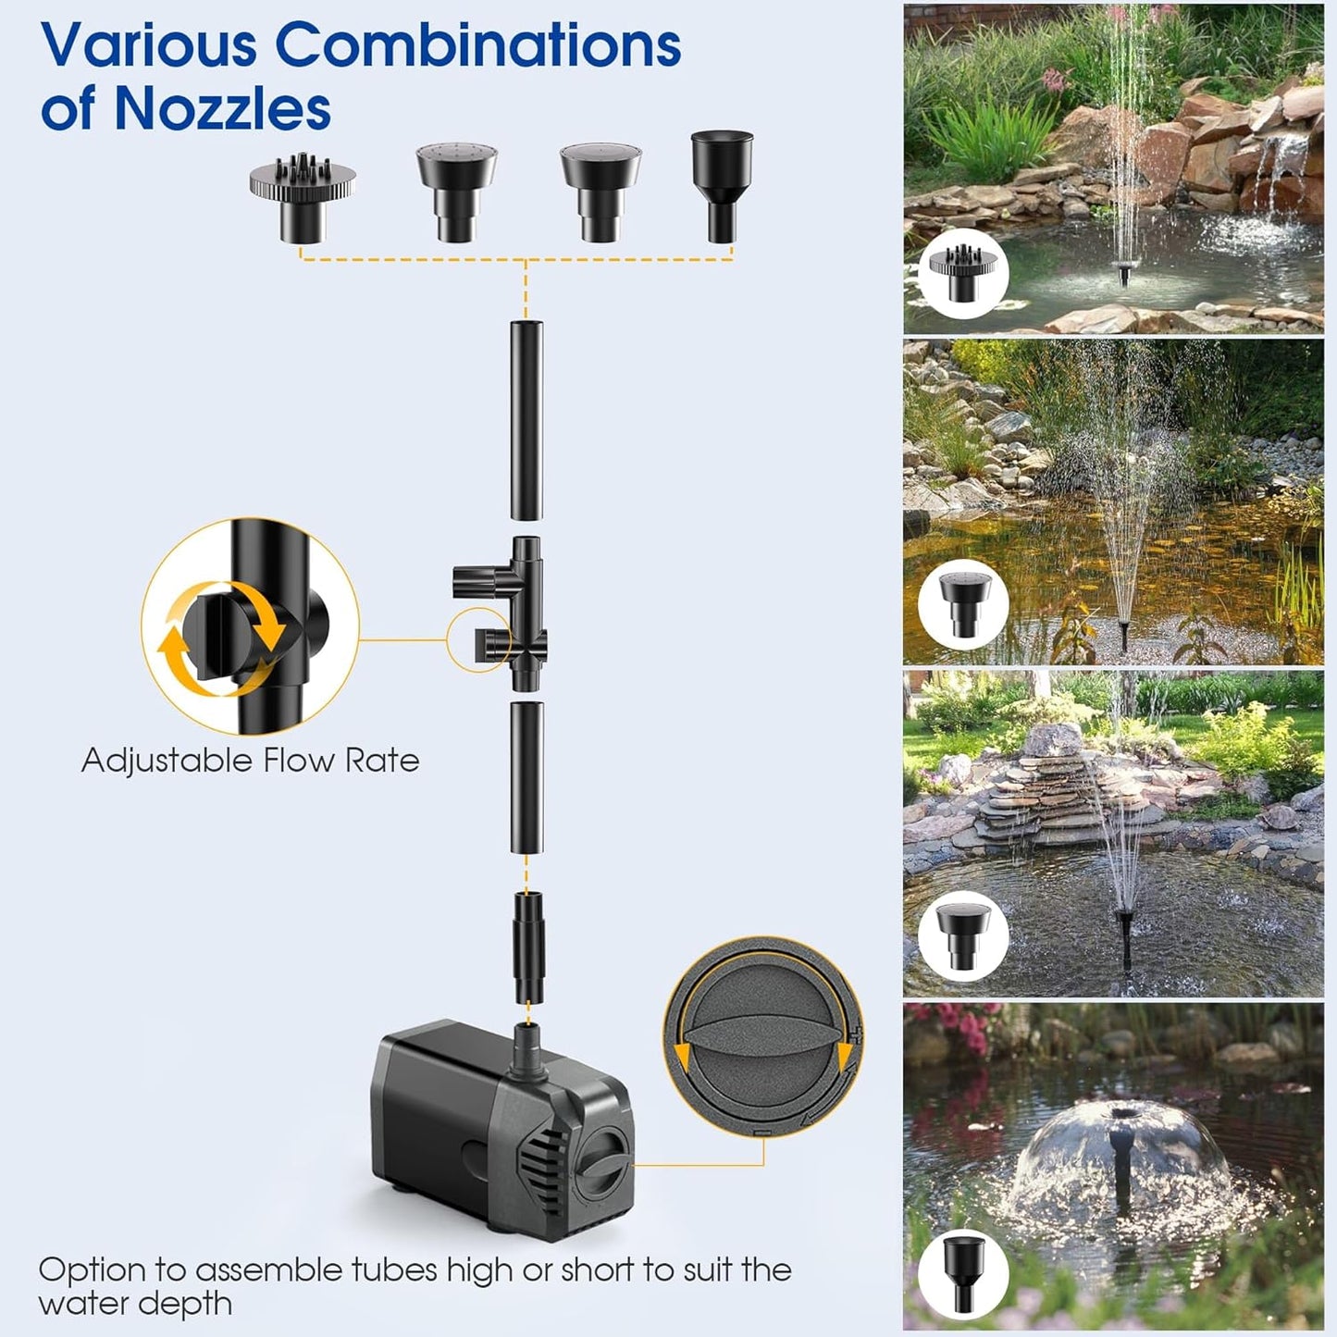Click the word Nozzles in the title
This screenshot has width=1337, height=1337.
[222, 108]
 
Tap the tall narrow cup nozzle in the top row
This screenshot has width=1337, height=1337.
[722, 184]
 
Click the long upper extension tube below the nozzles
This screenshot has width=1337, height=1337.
[526, 420]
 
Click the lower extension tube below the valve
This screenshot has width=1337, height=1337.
[526, 777]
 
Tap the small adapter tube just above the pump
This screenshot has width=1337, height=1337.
[526, 945]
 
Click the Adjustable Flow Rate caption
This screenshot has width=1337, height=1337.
[250, 761]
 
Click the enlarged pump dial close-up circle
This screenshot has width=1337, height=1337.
[763, 1036]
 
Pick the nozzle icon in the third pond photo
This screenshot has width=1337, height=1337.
[963, 935]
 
